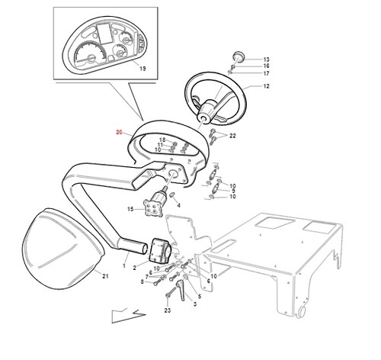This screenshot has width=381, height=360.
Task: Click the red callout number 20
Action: [x=119, y=132]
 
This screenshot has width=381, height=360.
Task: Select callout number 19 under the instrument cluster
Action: [x=142, y=69]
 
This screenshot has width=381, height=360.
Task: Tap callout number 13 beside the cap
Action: [x=266, y=59]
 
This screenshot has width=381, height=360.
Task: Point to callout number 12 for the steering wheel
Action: [x=266, y=86]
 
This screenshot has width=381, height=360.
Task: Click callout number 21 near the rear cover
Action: [x=105, y=276]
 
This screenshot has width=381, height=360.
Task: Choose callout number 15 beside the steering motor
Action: [x=130, y=209]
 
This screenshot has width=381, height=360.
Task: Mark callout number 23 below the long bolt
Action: [x=168, y=310]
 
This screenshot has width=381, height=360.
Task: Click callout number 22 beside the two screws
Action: [x=232, y=136]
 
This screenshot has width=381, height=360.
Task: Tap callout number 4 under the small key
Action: [x=178, y=205]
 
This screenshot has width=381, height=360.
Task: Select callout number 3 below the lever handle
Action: [x=195, y=304]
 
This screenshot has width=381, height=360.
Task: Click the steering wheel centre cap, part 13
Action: [x=239, y=56]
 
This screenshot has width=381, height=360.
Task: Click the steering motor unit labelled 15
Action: [x=153, y=205]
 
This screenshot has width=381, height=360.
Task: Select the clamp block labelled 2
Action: [x=161, y=250]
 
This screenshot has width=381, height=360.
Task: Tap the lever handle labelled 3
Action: [x=181, y=290]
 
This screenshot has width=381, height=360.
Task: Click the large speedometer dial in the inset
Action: [x=90, y=54]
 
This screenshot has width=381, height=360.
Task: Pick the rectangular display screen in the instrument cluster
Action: [x=104, y=34]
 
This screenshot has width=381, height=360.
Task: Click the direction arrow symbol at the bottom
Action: [x=129, y=316]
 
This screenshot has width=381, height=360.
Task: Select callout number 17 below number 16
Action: [x=266, y=73]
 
